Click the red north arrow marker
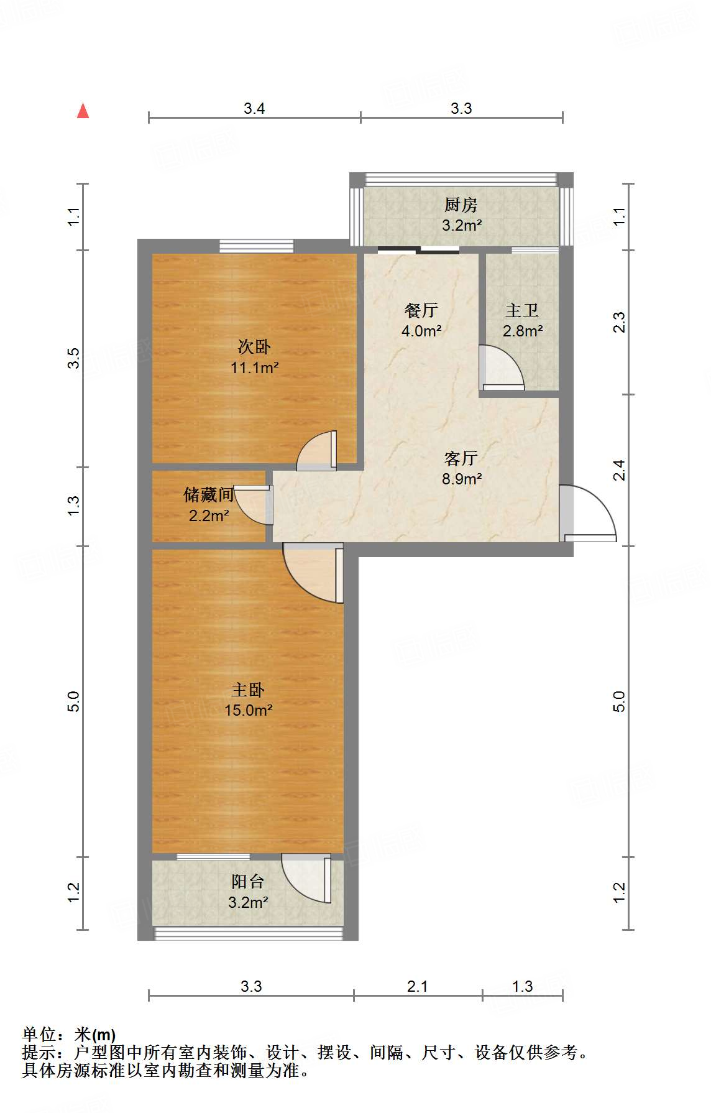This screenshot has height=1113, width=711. click(83, 111)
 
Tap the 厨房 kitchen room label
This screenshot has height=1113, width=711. click(461, 205)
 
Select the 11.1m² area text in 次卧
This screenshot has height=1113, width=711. click(254, 367)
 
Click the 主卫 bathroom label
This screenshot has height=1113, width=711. click(521, 310)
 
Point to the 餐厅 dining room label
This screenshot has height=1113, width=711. click(421, 310)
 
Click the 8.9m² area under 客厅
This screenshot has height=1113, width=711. click(462, 479)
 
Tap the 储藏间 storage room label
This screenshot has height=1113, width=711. click(208, 495)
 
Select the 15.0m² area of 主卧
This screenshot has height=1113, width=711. click(248, 710)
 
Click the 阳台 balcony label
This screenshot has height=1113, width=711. click(247, 881)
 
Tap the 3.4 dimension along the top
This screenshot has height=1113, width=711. click(254, 109)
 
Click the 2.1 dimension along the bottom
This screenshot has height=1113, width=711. click(417, 986)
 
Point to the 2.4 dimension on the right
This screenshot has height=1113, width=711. click(619, 470)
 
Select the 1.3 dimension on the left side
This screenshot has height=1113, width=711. click(74, 505)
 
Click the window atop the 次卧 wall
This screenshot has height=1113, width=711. click(256, 246)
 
